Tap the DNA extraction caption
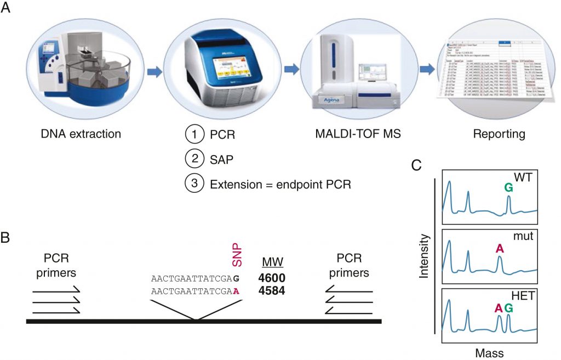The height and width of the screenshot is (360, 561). click(x=81, y=133)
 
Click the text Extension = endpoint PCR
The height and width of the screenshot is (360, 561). click(x=279, y=184)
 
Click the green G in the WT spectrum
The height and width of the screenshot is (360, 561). click(x=509, y=187)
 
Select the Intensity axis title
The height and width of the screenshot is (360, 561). click(x=424, y=256)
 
